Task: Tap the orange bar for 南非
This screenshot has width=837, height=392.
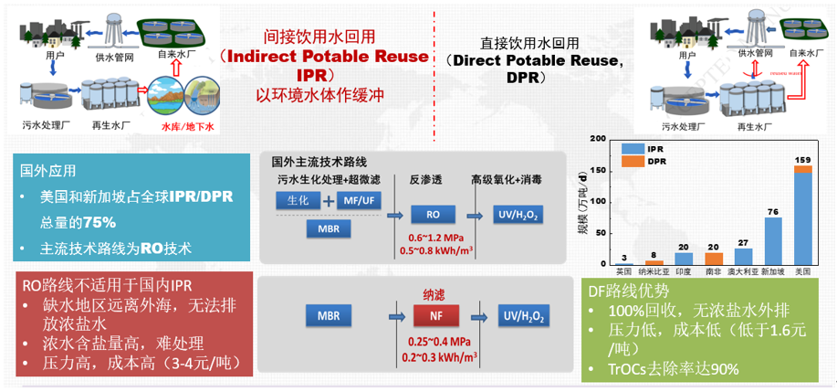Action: click(x=714, y=259)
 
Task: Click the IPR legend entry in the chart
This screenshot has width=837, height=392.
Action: click(x=650, y=148)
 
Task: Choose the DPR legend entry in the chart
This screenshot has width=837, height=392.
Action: click(x=650, y=161)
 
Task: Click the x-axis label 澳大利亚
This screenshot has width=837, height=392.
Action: click(x=743, y=271)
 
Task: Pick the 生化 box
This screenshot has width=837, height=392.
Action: click(x=298, y=199)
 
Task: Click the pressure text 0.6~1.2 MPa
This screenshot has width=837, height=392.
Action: click(x=428, y=239)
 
